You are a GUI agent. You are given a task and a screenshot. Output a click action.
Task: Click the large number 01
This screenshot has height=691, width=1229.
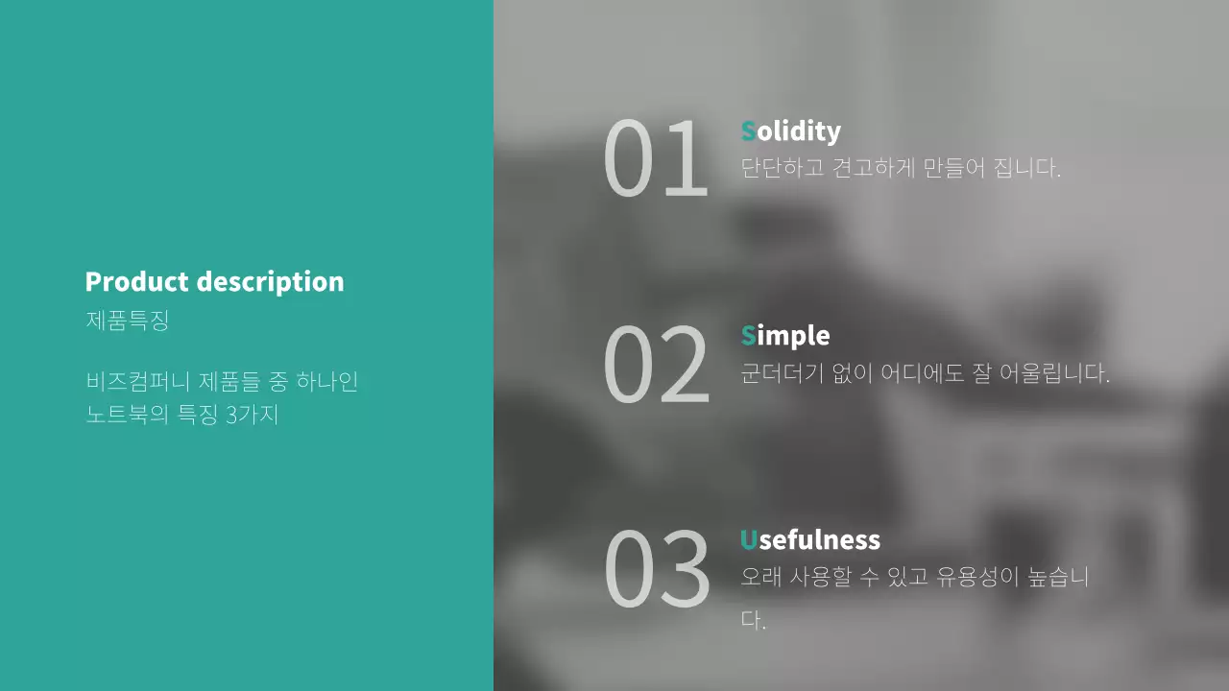point(655,159)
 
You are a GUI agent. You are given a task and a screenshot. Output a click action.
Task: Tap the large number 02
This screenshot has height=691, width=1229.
point(656,365)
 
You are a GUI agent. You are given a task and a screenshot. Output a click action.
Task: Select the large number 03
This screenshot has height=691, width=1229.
point(656,569)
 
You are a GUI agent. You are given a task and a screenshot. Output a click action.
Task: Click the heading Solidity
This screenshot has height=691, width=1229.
point(790,131)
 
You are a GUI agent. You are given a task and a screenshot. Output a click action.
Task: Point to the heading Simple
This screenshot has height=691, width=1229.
point(784,336)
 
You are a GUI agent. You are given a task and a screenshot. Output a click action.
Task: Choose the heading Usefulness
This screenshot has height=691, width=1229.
point(809,540)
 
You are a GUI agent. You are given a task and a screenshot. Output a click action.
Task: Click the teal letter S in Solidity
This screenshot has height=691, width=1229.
point(748,131)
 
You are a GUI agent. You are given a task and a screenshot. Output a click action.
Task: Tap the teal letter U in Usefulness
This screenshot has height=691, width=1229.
point(749,540)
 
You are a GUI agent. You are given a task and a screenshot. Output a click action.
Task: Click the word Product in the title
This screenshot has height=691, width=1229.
point(136,282)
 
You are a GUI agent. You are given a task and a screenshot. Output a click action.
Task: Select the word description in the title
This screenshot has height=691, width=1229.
point(270,282)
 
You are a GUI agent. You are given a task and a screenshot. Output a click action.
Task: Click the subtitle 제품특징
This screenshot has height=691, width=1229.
point(127,321)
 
